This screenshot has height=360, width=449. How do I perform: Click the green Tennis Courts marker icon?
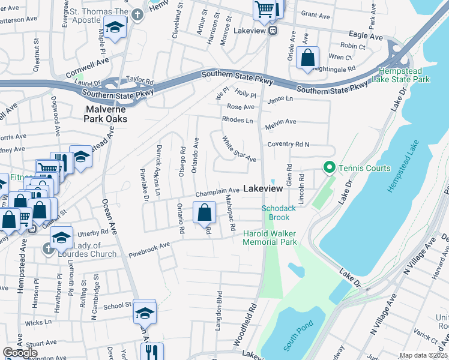click(328, 168)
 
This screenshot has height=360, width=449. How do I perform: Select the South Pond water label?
click(295, 340)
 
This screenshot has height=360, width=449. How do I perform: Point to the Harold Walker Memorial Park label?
click(270, 238)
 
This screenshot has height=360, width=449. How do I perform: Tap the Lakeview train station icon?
click(273, 30)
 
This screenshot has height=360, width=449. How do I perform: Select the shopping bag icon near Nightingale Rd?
click(308, 59)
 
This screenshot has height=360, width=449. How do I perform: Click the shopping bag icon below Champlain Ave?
click(204, 212)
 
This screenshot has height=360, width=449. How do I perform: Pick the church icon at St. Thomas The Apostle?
click(137, 14)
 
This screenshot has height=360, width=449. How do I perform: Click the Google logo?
click(20, 353)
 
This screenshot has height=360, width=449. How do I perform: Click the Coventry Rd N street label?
click(288, 145)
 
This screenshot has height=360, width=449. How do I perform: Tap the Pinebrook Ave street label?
click(149, 250)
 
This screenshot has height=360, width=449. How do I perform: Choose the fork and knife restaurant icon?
click(152, 352)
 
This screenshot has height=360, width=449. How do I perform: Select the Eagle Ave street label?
click(367, 37)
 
